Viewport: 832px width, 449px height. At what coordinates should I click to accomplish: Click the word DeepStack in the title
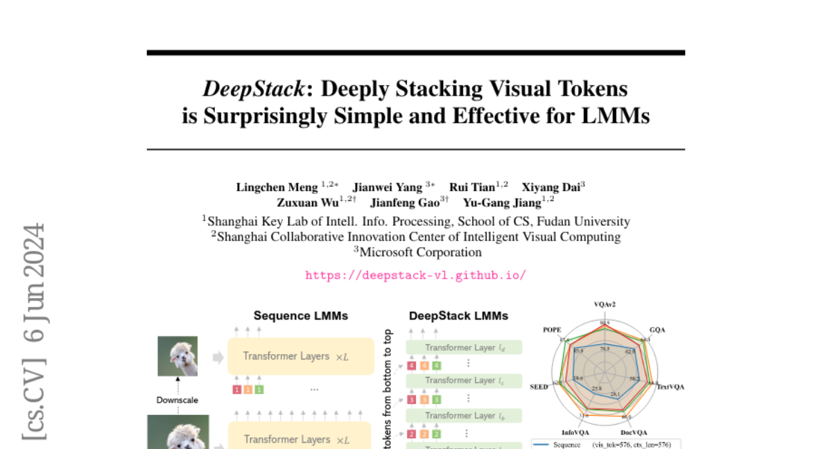253,89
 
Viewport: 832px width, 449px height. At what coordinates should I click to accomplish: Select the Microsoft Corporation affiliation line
415,252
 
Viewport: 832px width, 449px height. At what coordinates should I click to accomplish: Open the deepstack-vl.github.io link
415,275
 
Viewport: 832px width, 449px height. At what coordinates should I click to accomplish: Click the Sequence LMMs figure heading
301,316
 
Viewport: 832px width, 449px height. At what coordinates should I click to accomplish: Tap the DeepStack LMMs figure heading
458,316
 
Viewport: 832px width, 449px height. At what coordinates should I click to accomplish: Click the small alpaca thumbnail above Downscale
177,356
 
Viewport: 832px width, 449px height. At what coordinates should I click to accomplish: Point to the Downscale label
177,400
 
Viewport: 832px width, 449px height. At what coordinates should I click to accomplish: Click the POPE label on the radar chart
553,331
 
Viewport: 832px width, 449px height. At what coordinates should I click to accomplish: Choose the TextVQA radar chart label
670,387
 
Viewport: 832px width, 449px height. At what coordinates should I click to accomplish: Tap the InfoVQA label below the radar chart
575,432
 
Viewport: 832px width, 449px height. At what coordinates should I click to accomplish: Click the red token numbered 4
413,365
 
